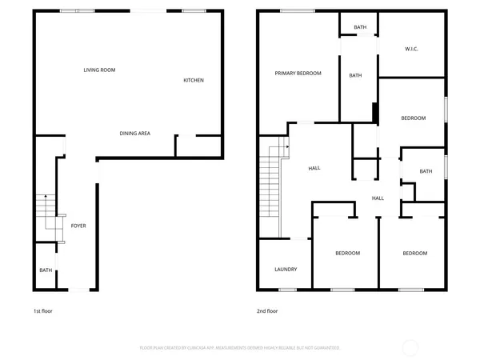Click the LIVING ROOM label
click(x=100, y=70)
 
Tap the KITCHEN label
click(x=194, y=80)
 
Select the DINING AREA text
click(x=135, y=134)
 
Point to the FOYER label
click(x=78, y=226)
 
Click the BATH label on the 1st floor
click(x=46, y=270)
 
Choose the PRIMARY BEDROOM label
click(x=298, y=73)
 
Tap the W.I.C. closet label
click(x=411, y=50)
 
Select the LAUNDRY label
click(x=286, y=269)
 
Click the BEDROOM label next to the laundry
click(x=347, y=254)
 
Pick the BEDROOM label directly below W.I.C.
click(x=413, y=118)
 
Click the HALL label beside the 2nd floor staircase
click(x=314, y=168)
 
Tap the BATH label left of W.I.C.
click(x=360, y=28)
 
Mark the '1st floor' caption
click(x=42, y=310)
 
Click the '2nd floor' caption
click(x=267, y=310)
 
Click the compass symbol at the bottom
click(x=410, y=347)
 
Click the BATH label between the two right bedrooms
click(x=426, y=170)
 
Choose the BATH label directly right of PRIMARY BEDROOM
click(x=355, y=76)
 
